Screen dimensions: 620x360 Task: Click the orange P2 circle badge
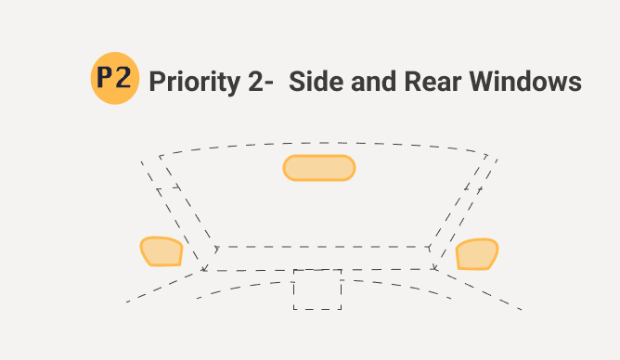tap(115, 79)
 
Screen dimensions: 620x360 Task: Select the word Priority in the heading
tap(189, 82)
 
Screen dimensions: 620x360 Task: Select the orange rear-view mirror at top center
tap(318, 168)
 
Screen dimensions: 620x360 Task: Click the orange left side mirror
tap(161, 251)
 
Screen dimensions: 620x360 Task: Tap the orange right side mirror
tap(477, 254)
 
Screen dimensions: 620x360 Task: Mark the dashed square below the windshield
tap(317, 289)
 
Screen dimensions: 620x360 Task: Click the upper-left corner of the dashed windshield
tap(161, 156)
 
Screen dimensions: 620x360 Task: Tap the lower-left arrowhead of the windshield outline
tap(204, 269)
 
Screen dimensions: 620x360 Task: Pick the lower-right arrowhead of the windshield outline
tap(434, 268)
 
